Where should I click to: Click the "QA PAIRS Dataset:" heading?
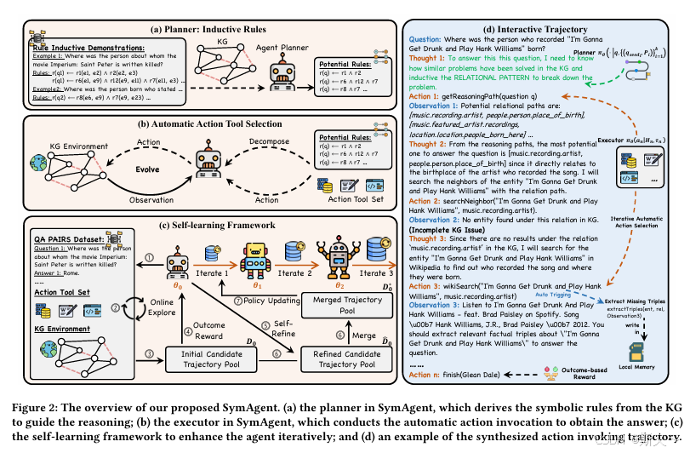click(x=71, y=240)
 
